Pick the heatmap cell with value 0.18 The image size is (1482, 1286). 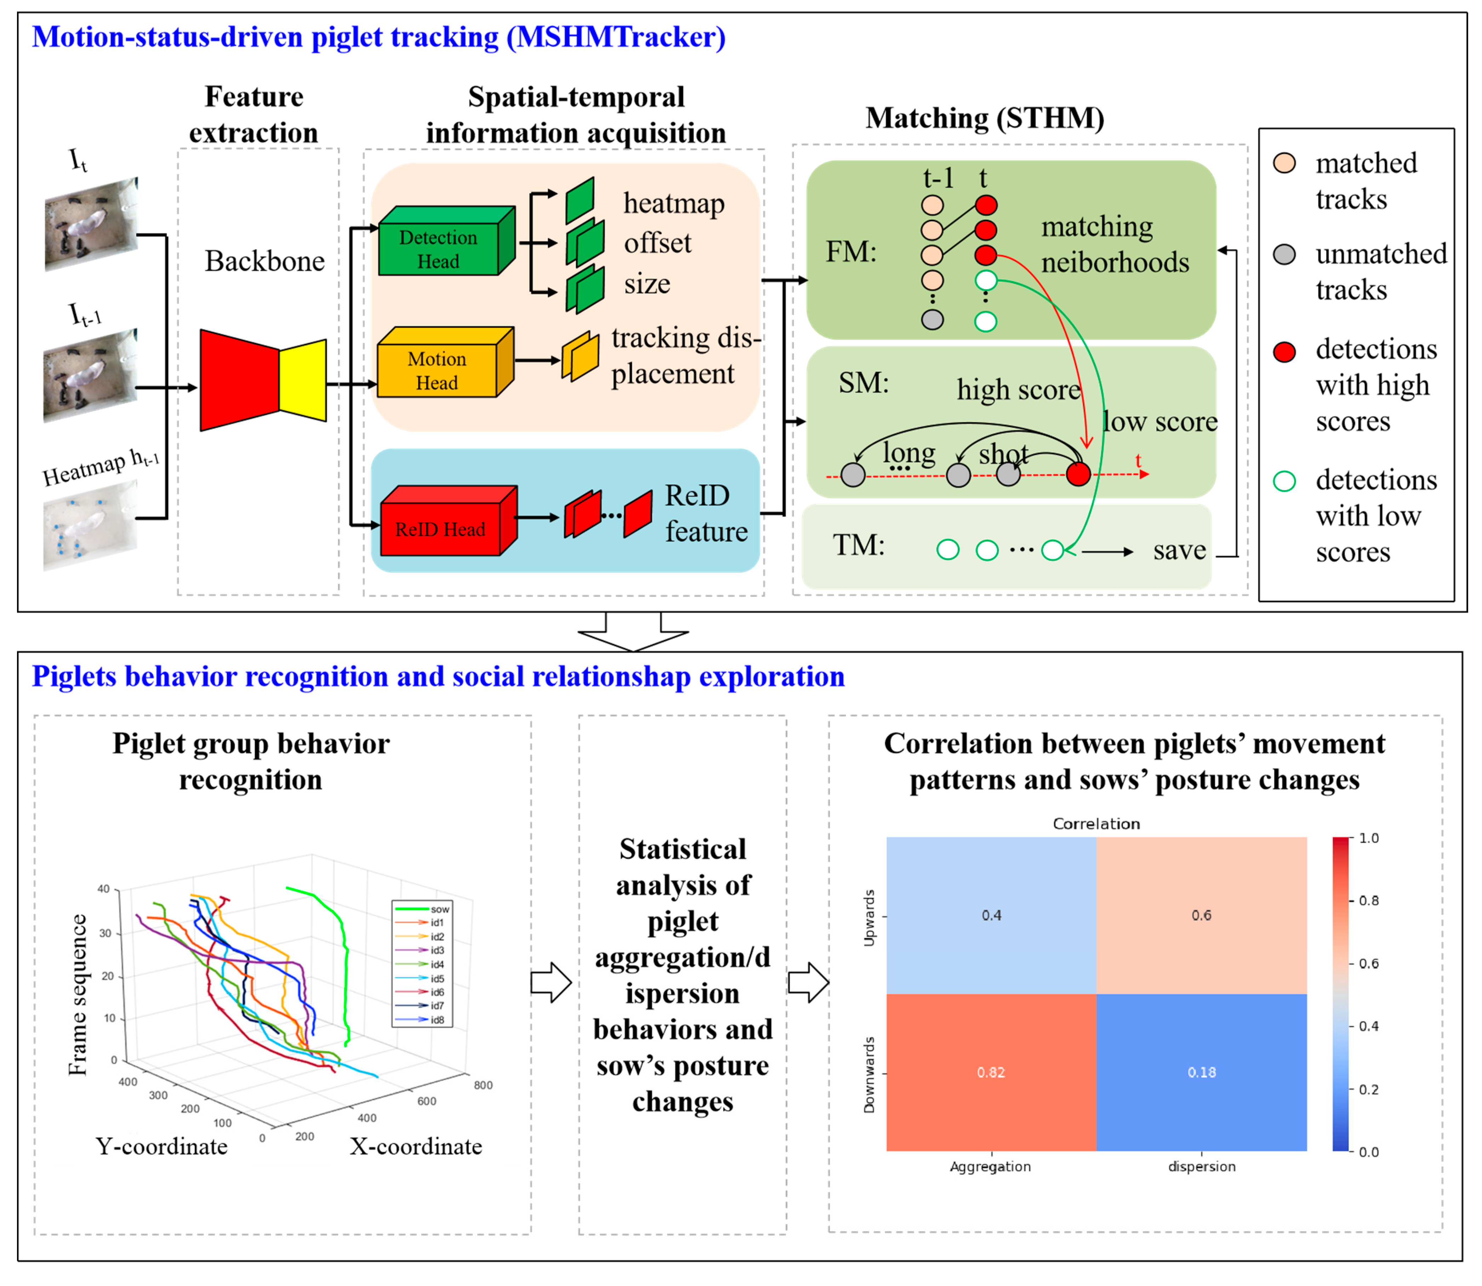(x=1201, y=1072)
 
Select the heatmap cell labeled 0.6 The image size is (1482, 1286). (x=1201, y=915)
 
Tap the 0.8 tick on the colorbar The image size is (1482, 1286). (x=1369, y=901)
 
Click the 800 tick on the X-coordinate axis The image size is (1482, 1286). (x=483, y=1085)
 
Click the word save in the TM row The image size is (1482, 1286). (x=1179, y=550)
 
